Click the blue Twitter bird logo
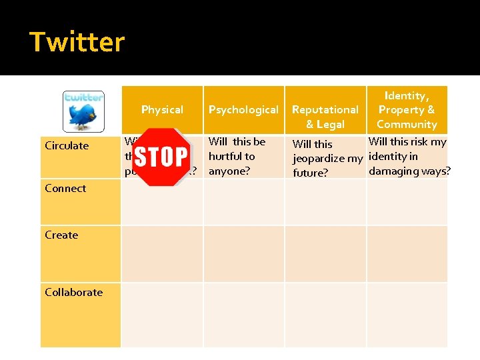coord(83,111)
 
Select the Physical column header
coord(162,109)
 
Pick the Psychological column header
coord(243,109)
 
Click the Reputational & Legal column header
coord(325,117)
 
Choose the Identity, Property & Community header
coord(407,110)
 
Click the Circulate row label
coord(67,145)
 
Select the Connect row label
coord(65,188)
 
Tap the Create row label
coord(61,235)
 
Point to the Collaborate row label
coord(73,292)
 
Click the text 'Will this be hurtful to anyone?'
coord(237,156)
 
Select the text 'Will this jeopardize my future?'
coord(327,158)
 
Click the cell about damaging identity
coord(408,156)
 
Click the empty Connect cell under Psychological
coord(243,201)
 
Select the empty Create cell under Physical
coord(162,253)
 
